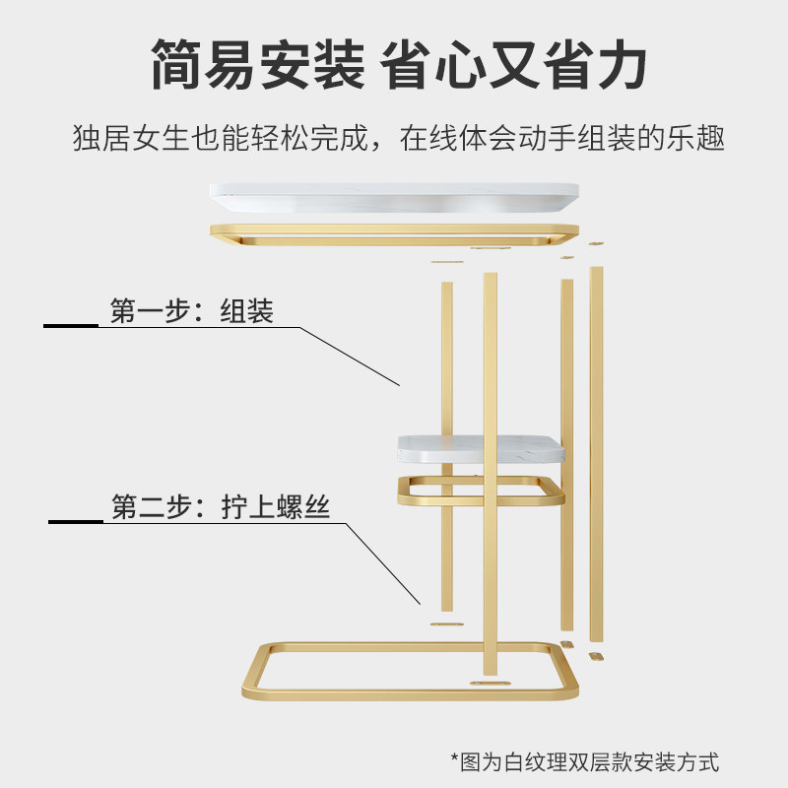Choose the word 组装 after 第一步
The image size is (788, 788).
point(247,312)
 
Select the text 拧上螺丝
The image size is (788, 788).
point(276,508)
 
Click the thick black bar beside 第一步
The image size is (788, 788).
point(71,325)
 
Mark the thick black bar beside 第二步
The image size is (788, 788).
point(76,521)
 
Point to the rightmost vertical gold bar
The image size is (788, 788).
point(596,453)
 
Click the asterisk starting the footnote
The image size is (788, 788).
point(456,761)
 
